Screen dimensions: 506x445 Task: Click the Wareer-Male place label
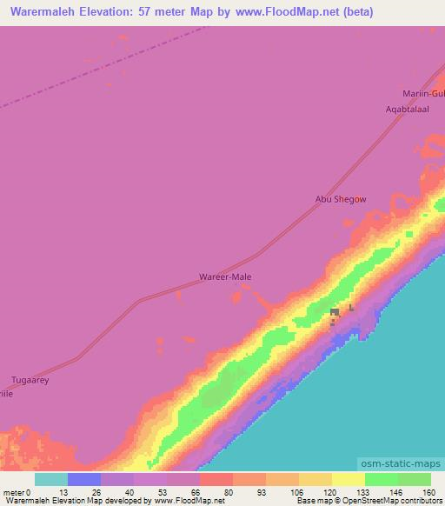coord(226,278)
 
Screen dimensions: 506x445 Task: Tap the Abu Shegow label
coord(341,199)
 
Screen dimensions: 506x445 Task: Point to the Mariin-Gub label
coord(423,93)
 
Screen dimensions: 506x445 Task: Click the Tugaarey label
coord(30,380)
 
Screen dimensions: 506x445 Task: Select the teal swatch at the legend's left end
coord(50,479)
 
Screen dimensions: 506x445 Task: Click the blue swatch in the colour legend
coord(83,479)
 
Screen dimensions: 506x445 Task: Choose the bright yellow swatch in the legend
coord(348,479)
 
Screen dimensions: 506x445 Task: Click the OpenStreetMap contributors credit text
coord(395,502)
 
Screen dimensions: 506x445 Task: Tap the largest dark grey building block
coord(335,313)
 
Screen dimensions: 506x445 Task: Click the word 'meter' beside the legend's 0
coord(13,492)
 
